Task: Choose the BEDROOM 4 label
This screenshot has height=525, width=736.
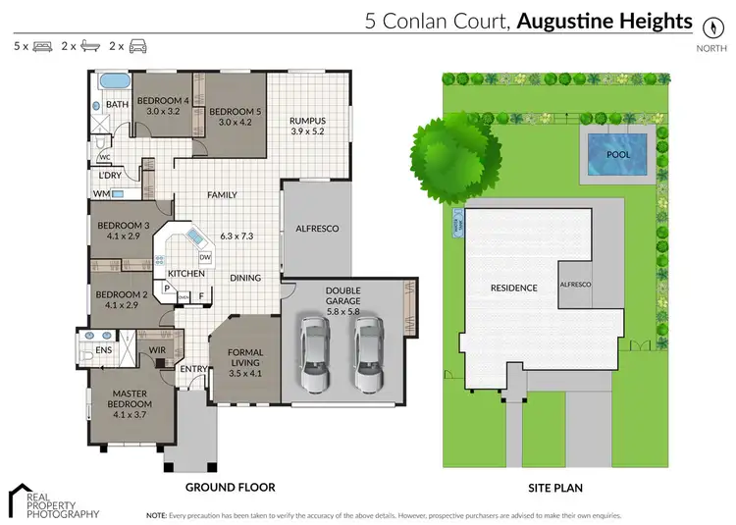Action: (162, 101)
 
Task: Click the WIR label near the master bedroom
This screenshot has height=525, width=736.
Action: (156, 348)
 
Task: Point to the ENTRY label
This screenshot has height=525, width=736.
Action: (192, 370)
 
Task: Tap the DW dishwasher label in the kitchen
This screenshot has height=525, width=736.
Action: (204, 258)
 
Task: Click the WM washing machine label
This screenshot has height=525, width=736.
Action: (101, 194)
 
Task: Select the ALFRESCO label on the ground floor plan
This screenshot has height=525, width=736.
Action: (317, 229)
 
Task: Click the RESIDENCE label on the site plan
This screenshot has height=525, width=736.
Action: (514, 288)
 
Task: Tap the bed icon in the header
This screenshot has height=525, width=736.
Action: (42, 46)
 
